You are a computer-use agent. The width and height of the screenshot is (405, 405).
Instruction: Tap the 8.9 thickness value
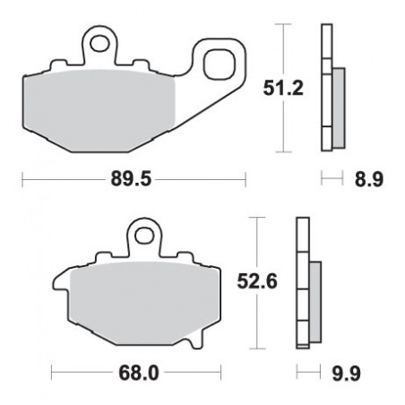[x=371, y=180]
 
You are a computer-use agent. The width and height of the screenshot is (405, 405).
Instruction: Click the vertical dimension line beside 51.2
[x=284, y=54]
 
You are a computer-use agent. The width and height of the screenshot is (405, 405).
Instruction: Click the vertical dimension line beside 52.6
[x=258, y=242]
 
